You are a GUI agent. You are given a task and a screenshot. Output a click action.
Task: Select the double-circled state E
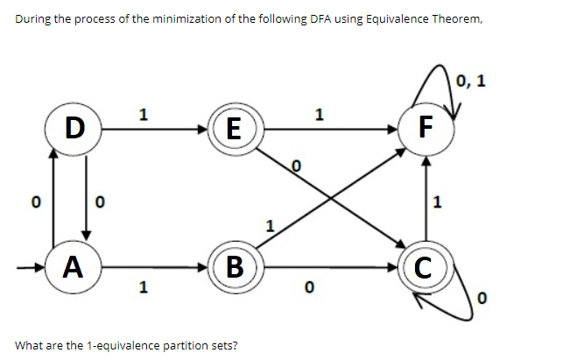pos(233,129)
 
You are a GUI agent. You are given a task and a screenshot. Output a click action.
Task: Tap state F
pos(426,129)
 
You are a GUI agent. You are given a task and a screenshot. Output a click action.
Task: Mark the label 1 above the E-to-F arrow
pos(319,113)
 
